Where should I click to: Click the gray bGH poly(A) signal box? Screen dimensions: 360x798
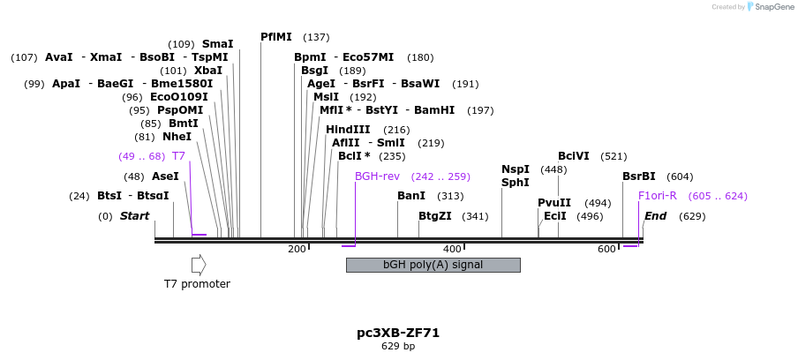coord(433,265)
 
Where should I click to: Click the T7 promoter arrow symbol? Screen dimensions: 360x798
coord(199,265)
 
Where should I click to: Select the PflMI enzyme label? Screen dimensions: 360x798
coord(275,37)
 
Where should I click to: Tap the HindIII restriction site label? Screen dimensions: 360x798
coord(348,130)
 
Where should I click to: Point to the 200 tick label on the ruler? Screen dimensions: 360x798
coord(297,250)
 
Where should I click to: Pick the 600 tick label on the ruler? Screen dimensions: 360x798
coord(606,250)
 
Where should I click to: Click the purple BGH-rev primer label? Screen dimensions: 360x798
coord(378,176)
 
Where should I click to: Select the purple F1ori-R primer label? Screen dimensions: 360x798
coord(657,196)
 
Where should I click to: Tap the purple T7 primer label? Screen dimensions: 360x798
coord(178,156)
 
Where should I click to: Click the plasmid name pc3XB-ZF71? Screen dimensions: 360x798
coord(398,333)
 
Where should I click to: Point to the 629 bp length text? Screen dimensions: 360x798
coord(398,347)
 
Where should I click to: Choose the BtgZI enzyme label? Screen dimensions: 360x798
coord(434,216)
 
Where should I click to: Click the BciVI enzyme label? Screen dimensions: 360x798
coord(574,156)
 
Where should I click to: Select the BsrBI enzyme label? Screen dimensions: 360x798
coord(639,176)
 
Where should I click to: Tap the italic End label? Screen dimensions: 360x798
coord(655,216)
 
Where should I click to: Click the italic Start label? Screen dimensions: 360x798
coord(134,216)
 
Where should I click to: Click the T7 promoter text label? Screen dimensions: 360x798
coord(197,284)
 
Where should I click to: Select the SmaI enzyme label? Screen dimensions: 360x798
coord(217,44)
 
